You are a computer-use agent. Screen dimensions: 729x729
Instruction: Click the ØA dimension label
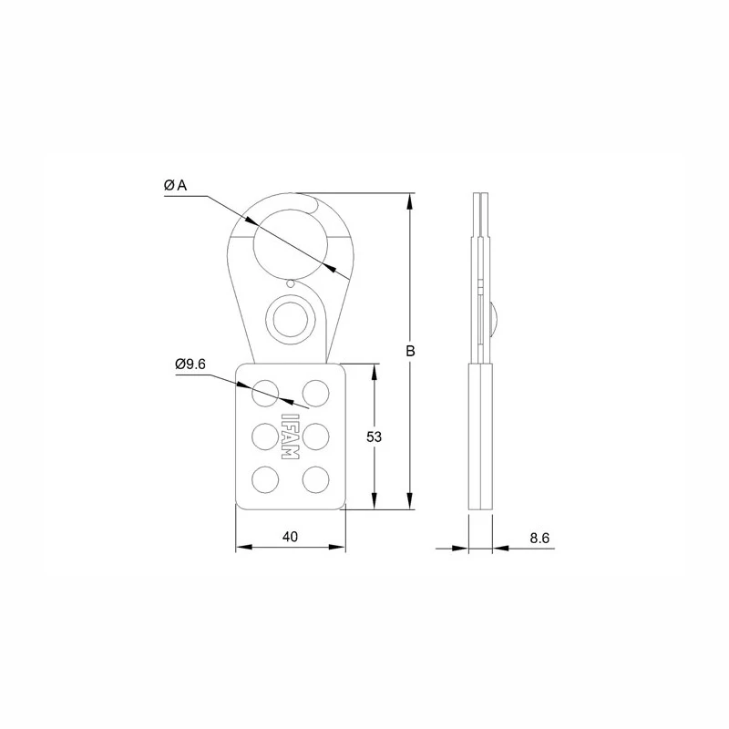(175, 185)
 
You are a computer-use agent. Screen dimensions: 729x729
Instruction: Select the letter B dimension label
(411, 351)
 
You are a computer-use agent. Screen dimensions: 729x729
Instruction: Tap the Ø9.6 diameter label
(191, 364)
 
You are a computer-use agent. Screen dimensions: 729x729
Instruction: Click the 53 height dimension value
(374, 437)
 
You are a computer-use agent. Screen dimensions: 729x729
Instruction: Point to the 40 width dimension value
(291, 537)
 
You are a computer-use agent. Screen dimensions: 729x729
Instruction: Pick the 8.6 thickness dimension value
(539, 538)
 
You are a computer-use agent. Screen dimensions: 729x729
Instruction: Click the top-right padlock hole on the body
(315, 393)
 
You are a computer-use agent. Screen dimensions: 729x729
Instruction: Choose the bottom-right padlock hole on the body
(315, 478)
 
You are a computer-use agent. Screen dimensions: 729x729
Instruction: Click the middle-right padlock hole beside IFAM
(315, 436)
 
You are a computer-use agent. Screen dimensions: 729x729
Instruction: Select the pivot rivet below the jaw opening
(290, 319)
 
